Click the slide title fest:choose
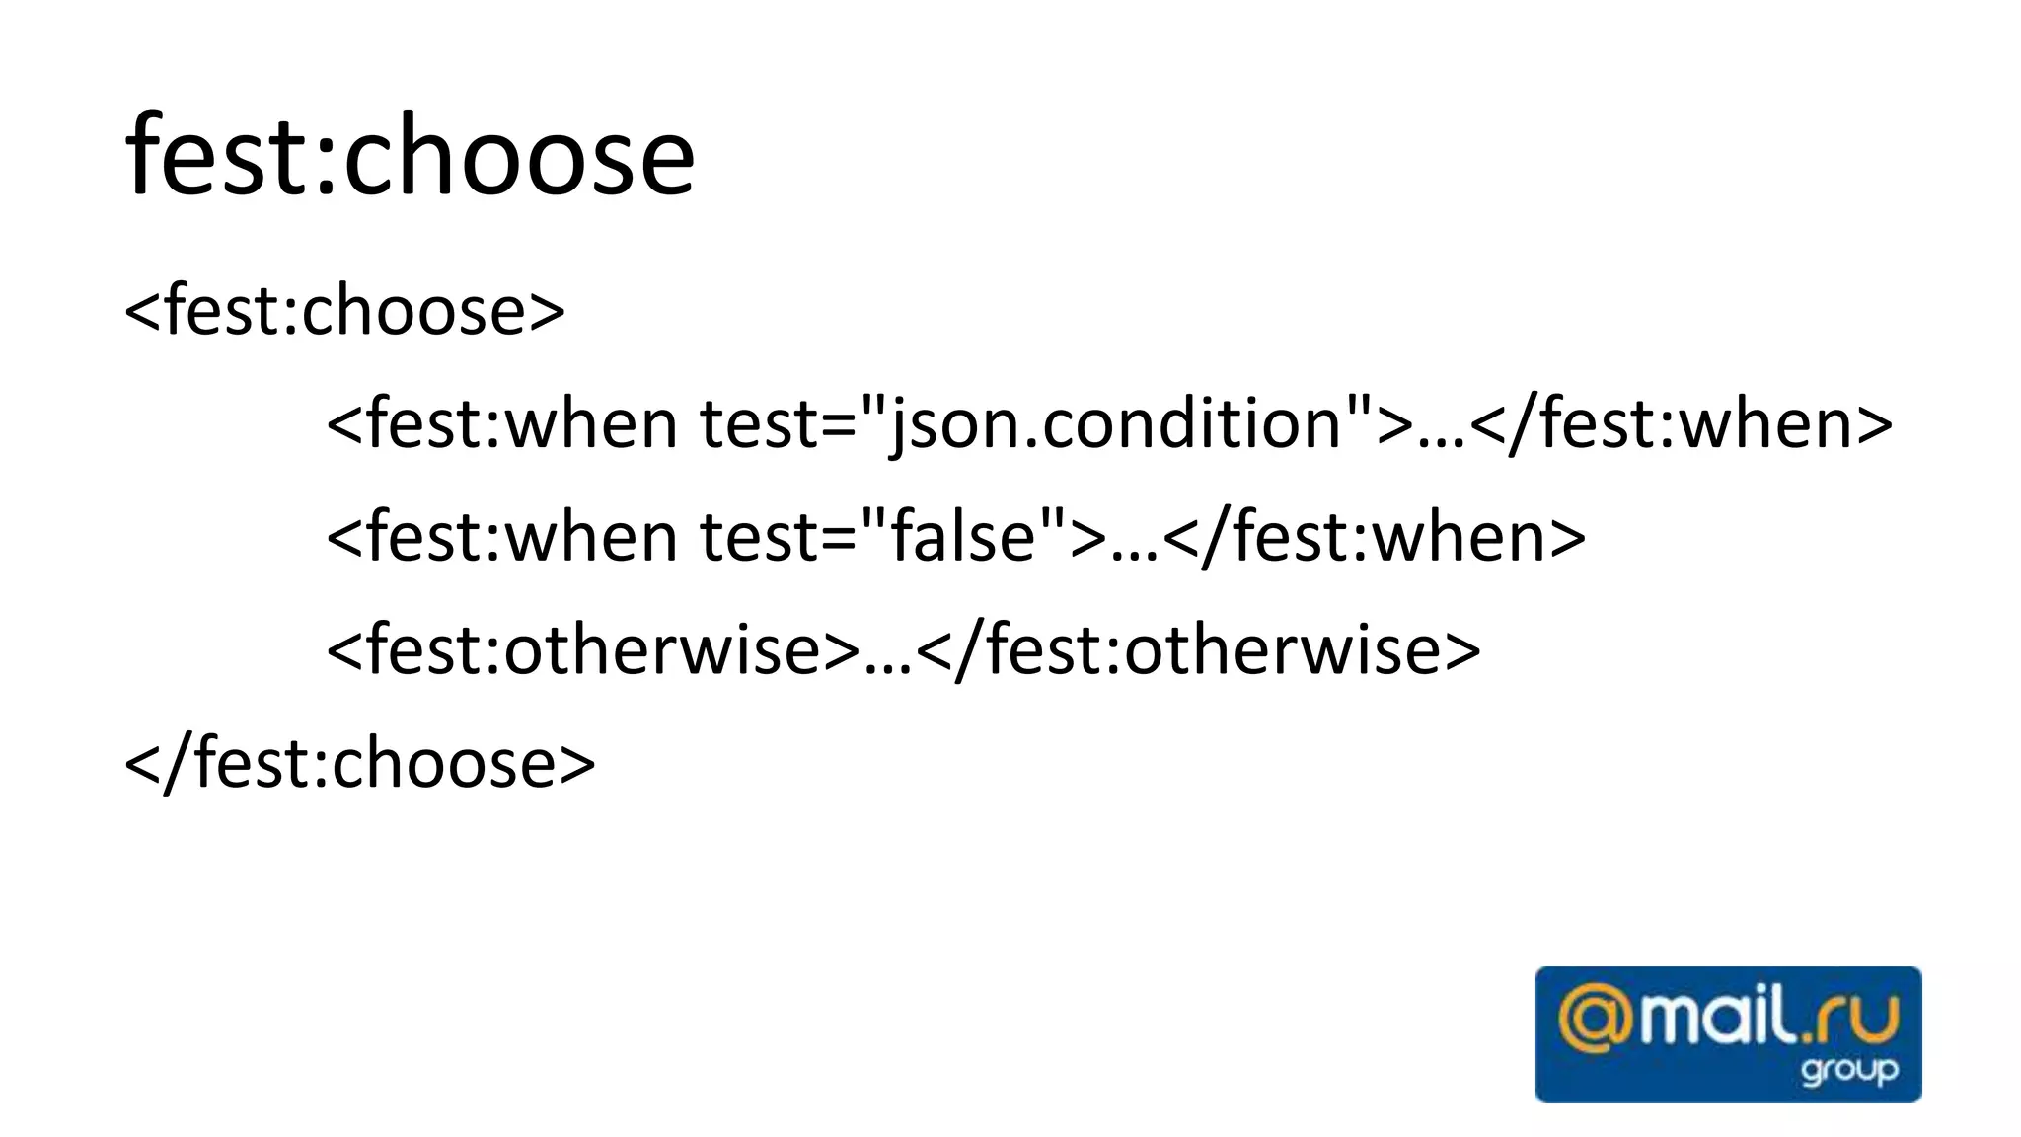410,156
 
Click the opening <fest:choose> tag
344,311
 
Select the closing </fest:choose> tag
360,763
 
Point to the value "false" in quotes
964,537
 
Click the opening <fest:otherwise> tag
593,650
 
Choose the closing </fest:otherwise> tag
1199,650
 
